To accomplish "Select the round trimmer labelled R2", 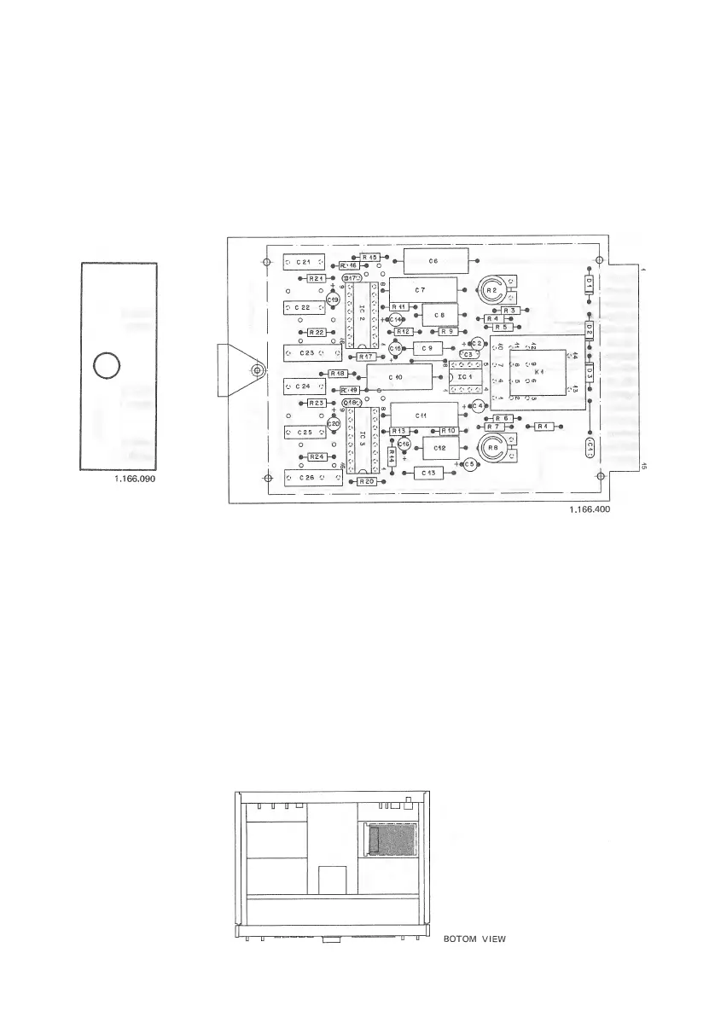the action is (x=491, y=290).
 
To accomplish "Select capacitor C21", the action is (x=303, y=260).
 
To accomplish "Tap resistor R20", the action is (x=367, y=481).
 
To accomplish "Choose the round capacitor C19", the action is (x=334, y=299).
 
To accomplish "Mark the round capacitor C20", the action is (x=334, y=423).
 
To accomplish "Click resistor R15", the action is (x=369, y=256).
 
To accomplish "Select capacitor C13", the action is (x=427, y=473).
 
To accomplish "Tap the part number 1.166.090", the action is (x=138, y=479).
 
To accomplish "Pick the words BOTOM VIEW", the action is (x=474, y=939).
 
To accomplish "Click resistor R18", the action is (x=337, y=374).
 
